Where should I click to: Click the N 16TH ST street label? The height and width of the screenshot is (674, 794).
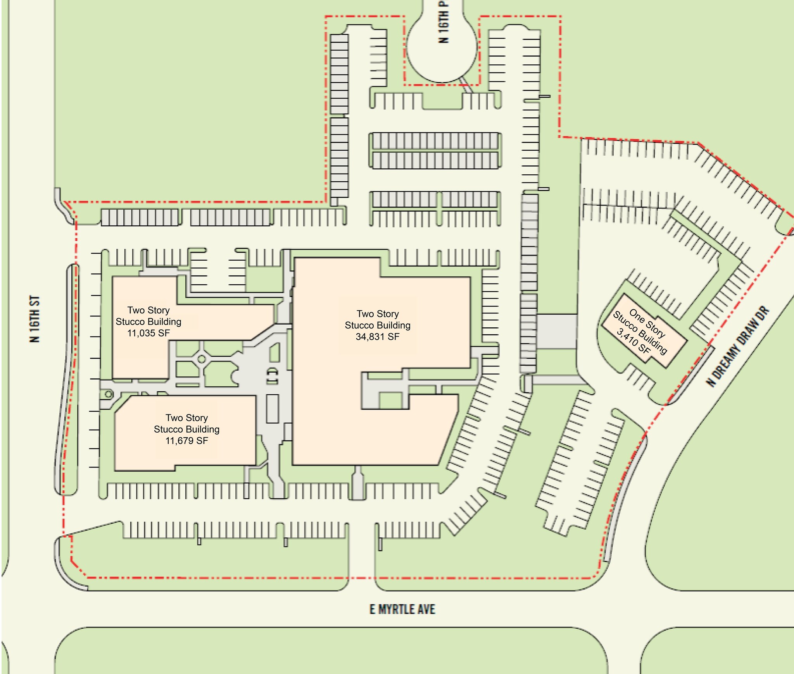pyautogui.click(x=35, y=320)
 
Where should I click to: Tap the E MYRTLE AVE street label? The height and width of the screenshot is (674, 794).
pyautogui.click(x=402, y=609)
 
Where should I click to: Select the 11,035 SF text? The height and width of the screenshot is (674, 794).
pyautogui.click(x=148, y=333)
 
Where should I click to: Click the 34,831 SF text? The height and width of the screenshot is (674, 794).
pyautogui.click(x=378, y=337)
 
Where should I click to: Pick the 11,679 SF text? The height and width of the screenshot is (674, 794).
pyautogui.click(x=186, y=440)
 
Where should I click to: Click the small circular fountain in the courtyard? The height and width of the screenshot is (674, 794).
pyautogui.click(x=202, y=359)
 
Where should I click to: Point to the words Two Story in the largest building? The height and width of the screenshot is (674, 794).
pyautogui.click(x=378, y=314)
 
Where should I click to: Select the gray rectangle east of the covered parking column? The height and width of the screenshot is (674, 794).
pyautogui.click(x=557, y=331)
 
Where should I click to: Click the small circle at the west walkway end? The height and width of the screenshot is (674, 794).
pyautogui.click(x=109, y=394)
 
